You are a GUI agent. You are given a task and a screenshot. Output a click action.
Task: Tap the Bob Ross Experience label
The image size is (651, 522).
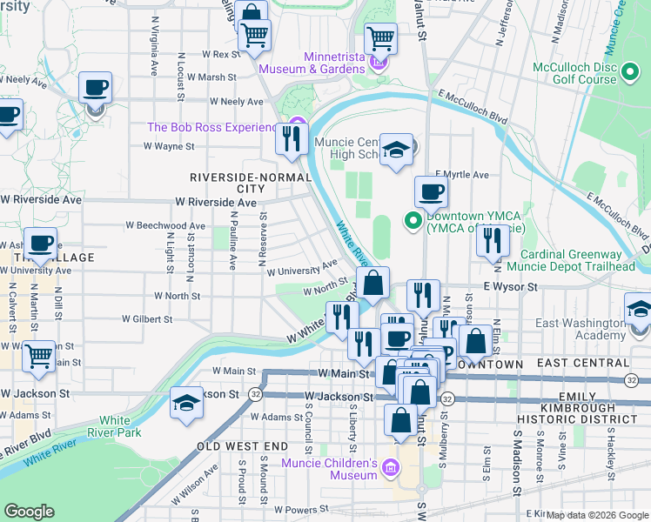[211, 127]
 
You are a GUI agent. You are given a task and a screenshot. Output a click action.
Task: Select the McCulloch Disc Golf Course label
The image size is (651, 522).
[584, 73]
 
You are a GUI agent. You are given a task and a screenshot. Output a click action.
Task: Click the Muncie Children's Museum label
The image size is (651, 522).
[328, 469]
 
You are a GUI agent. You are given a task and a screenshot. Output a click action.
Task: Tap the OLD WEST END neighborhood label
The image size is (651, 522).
[241, 446]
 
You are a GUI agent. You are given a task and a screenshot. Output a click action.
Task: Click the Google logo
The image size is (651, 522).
[29, 512]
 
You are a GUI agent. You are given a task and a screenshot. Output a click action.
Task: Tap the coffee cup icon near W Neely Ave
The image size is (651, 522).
[95, 87]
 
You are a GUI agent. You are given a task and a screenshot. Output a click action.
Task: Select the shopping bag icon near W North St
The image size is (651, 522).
[372, 283]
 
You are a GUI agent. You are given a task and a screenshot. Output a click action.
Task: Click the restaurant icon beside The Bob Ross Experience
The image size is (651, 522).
[292, 137]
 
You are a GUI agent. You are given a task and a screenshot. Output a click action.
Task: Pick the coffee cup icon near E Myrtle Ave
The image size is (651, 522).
[430, 191]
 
